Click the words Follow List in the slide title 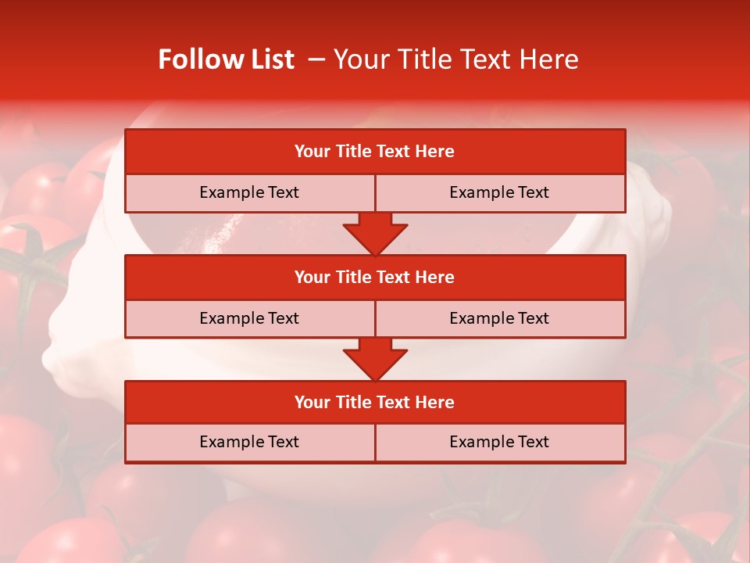226,59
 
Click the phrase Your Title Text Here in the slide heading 455,59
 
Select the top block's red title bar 375,152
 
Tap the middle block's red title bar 375,277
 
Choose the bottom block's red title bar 375,402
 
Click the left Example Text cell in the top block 249,192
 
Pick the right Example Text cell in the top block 499,192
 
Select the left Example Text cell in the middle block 249,318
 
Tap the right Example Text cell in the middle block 499,318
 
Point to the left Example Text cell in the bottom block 249,442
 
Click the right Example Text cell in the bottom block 499,442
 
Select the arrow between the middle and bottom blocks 375,359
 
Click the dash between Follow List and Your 316,60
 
